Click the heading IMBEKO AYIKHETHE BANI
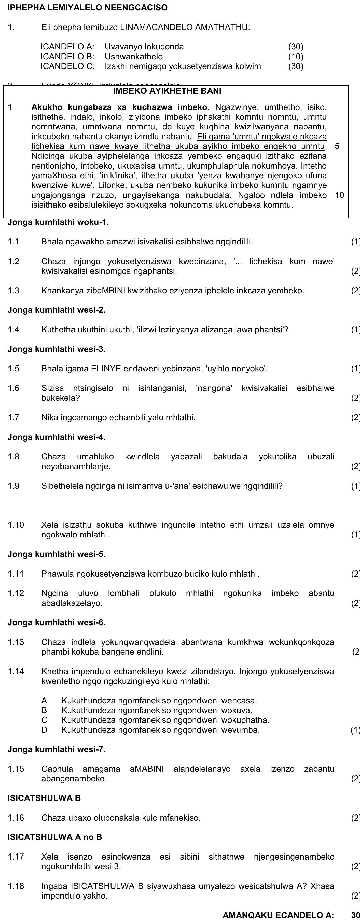(x=167, y=91)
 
